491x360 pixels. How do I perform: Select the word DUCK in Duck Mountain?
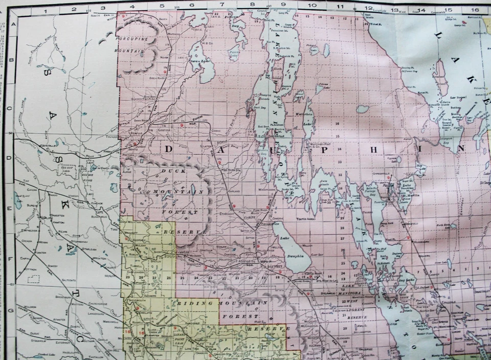pos(168,171)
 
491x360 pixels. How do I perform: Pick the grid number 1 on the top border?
pos(45,9)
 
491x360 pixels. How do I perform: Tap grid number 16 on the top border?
pos(475,9)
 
